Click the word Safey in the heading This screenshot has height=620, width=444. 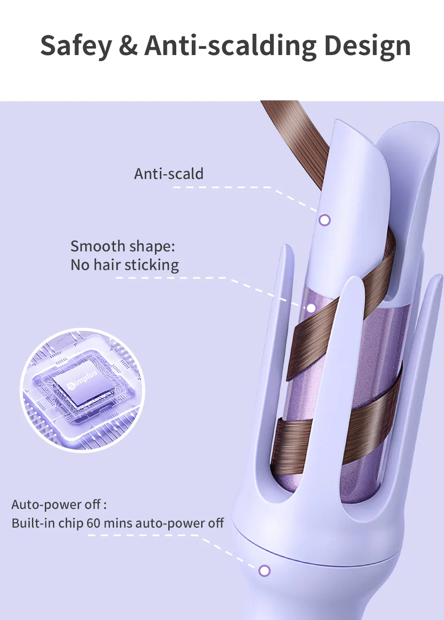[76, 46]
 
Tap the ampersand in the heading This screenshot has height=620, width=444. [128, 45]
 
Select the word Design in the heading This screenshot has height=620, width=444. [368, 46]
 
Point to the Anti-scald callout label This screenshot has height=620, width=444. [169, 174]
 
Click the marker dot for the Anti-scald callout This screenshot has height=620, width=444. [325, 220]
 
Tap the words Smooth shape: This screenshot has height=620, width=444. [123, 246]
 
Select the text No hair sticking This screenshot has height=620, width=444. [125, 265]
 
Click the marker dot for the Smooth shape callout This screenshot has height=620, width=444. [312, 308]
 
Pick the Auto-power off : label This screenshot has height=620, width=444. [59, 504]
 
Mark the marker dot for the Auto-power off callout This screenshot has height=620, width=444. [264, 571]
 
